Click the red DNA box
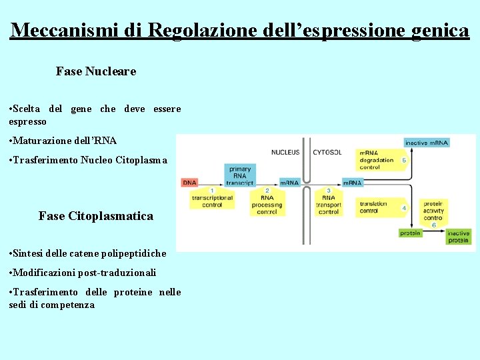[190, 182]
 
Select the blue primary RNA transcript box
[239, 176]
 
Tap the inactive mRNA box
[427, 143]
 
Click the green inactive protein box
[458, 237]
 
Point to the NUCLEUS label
[285, 153]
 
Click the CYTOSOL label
[327, 153]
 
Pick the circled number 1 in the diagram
[212, 191]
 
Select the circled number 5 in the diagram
[404, 160]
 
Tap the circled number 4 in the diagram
[404, 208]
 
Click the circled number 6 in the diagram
[434, 225]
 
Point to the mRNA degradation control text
[377, 160]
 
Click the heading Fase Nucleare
[95, 71]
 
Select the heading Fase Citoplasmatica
[95, 216]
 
